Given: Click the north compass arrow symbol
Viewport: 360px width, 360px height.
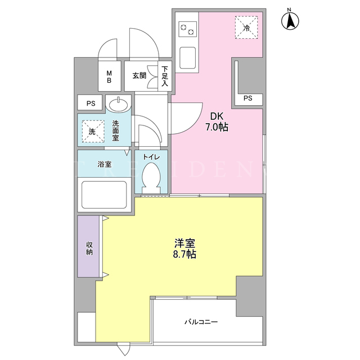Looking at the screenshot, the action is coord(290,21).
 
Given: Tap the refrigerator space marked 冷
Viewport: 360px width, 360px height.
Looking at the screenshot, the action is coord(246,28).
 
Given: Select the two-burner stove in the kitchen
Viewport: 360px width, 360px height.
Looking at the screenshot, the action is coord(187,29).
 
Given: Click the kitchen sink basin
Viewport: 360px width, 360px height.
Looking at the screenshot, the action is coord(187,57).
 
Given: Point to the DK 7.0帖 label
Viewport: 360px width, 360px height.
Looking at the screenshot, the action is coord(217,121).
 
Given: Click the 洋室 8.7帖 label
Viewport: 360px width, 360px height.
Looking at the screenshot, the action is coord(184,249).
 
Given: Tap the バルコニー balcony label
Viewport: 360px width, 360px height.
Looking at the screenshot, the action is coord(201,322).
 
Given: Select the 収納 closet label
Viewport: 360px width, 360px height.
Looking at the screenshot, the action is coord(89,249).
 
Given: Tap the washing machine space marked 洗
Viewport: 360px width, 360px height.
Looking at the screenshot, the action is coord(93,131).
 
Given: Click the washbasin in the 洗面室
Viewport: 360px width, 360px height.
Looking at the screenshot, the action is coord(119,105).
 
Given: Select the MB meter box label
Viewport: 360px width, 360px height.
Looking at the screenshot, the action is coord(109,76).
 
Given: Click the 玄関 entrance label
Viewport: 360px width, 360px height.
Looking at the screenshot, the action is coord(139,75).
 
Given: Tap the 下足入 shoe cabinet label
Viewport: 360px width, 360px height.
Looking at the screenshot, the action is coord(165,76).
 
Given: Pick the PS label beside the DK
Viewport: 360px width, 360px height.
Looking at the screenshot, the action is coord(247,98).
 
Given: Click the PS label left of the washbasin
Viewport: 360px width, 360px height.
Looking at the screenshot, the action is coord(91,103).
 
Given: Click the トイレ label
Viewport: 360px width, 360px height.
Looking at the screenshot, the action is coord(151,157).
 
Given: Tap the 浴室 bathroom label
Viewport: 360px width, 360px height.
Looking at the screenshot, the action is coord(105,164).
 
